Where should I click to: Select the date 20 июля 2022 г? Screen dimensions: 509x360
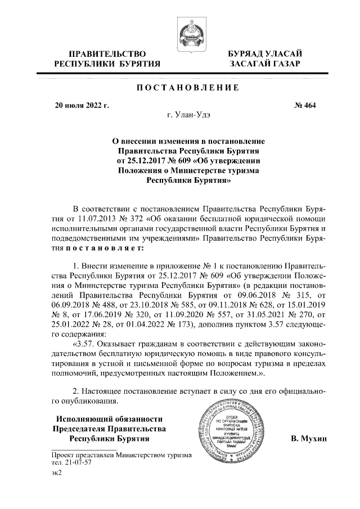coord(82,105)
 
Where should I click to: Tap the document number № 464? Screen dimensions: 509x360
coord(306,105)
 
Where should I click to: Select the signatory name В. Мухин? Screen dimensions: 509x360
coord(309,438)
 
